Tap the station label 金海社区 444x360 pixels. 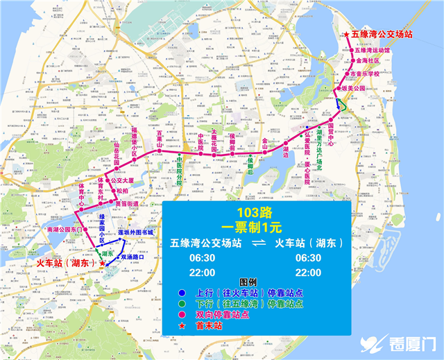(x=368, y=61)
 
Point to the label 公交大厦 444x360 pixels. (x=112, y=180)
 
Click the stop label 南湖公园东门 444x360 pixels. (x=64, y=228)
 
